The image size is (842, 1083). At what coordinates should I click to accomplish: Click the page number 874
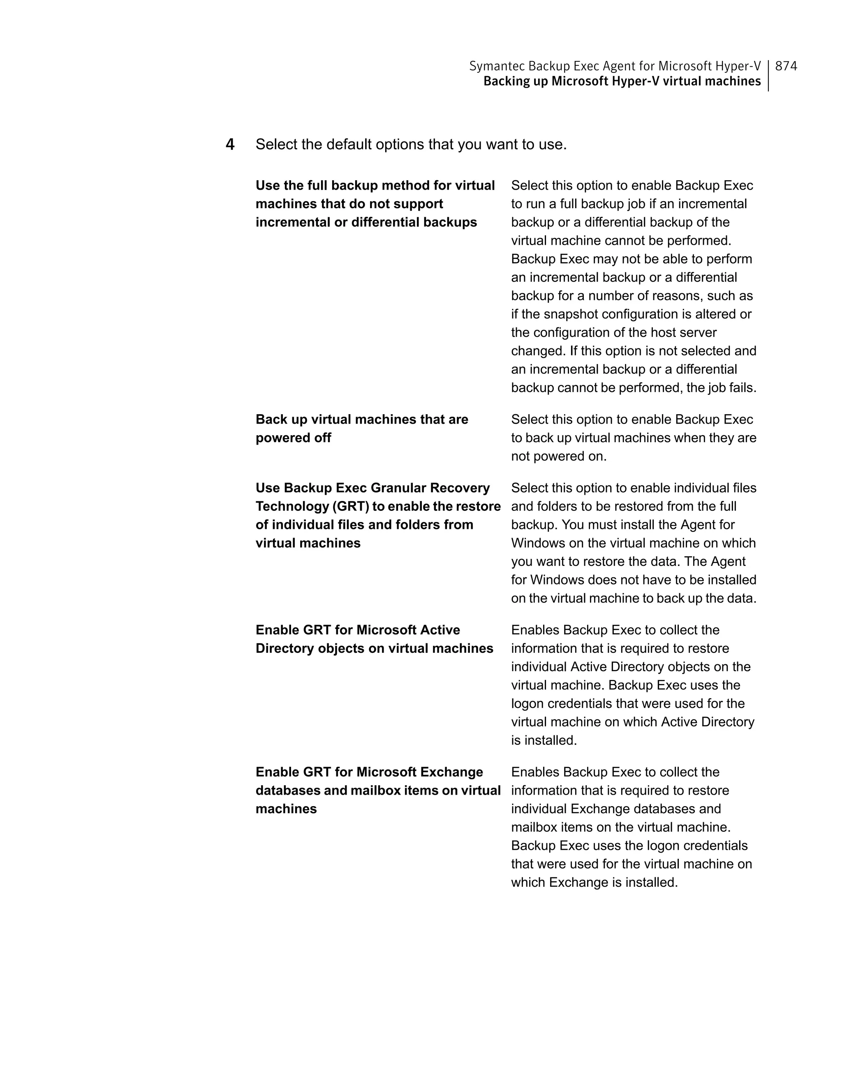pos(786,66)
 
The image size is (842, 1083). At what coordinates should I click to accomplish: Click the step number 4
pos(230,144)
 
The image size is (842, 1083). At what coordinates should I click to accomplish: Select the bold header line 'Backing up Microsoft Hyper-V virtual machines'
pos(622,81)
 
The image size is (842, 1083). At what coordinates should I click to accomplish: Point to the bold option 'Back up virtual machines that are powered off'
pos(361,429)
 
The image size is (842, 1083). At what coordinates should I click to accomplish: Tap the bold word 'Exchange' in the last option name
pos(451,772)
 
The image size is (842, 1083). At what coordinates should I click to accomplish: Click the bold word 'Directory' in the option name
pos(285,648)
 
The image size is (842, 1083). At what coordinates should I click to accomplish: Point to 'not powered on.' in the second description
pos(559,456)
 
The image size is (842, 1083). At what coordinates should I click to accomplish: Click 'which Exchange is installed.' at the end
pos(594,882)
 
